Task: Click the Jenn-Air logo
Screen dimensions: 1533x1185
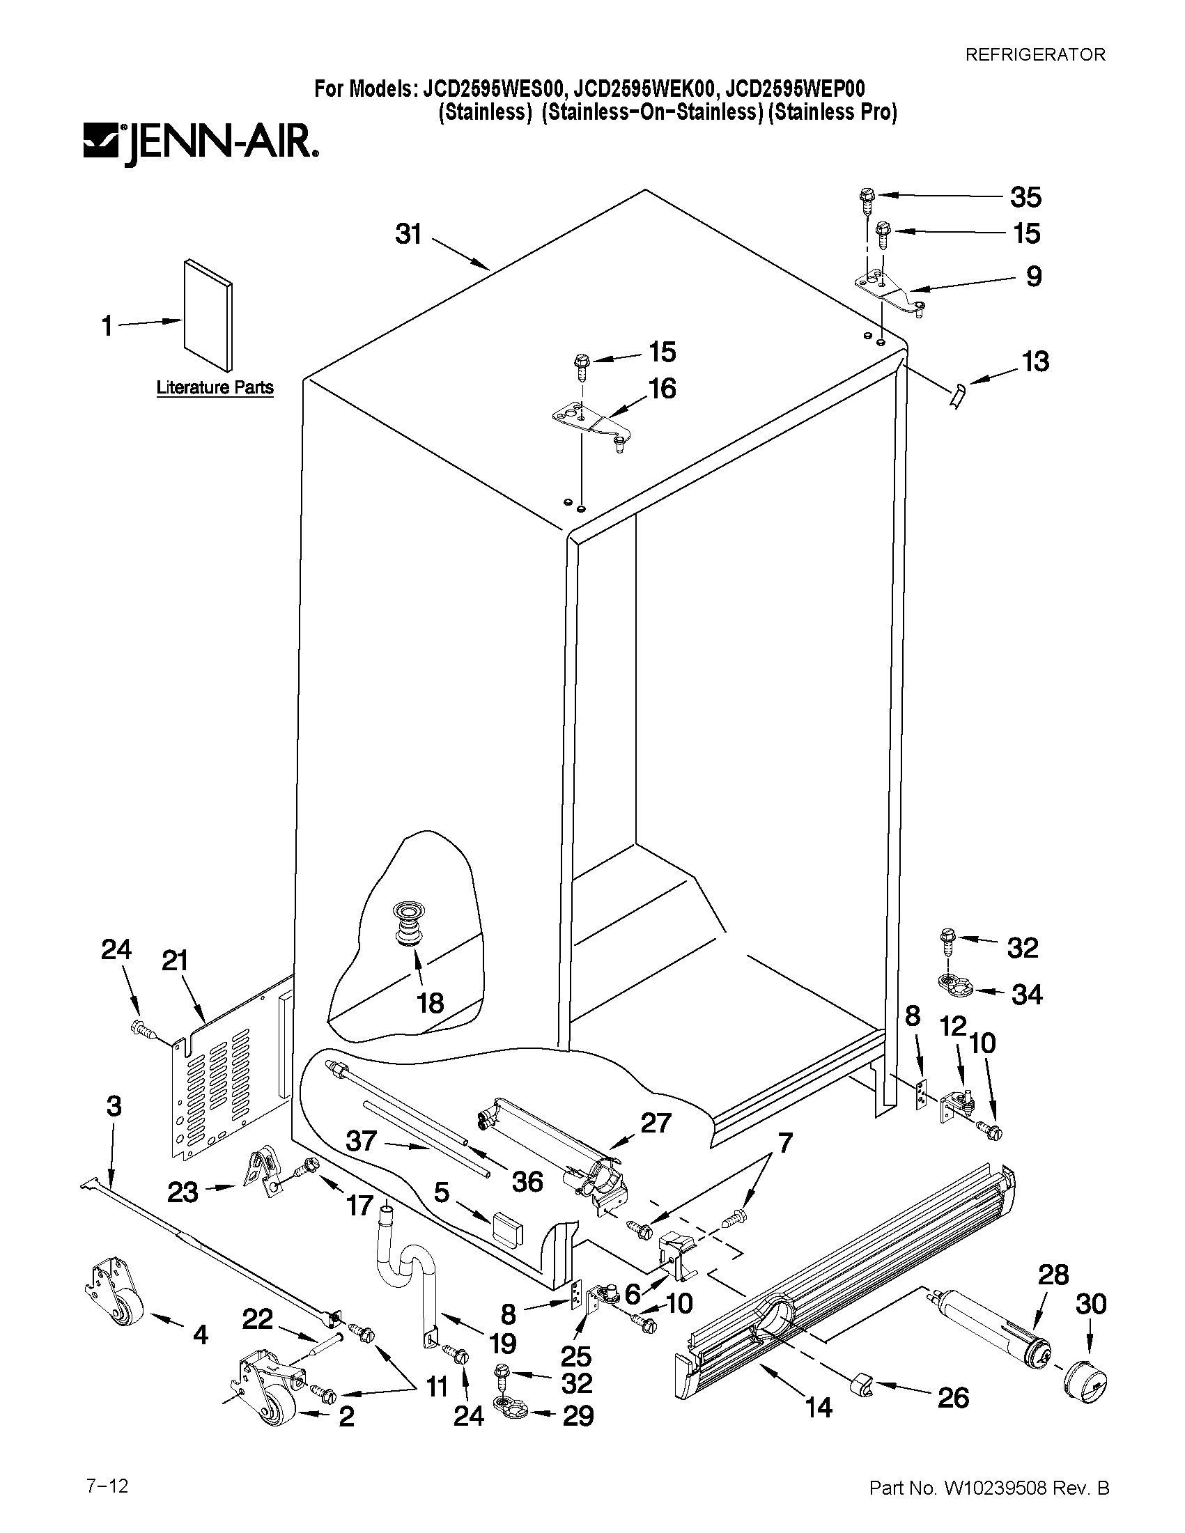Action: pyautogui.click(x=200, y=144)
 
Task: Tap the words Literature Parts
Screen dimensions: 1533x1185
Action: pyautogui.click(x=214, y=387)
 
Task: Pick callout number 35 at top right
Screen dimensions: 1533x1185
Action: pyautogui.click(x=1025, y=197)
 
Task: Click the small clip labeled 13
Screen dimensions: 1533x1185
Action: pyautogui.click(x=958, y=396)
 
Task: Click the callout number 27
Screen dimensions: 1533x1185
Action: pyautogui.click(x=655, y=1123)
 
